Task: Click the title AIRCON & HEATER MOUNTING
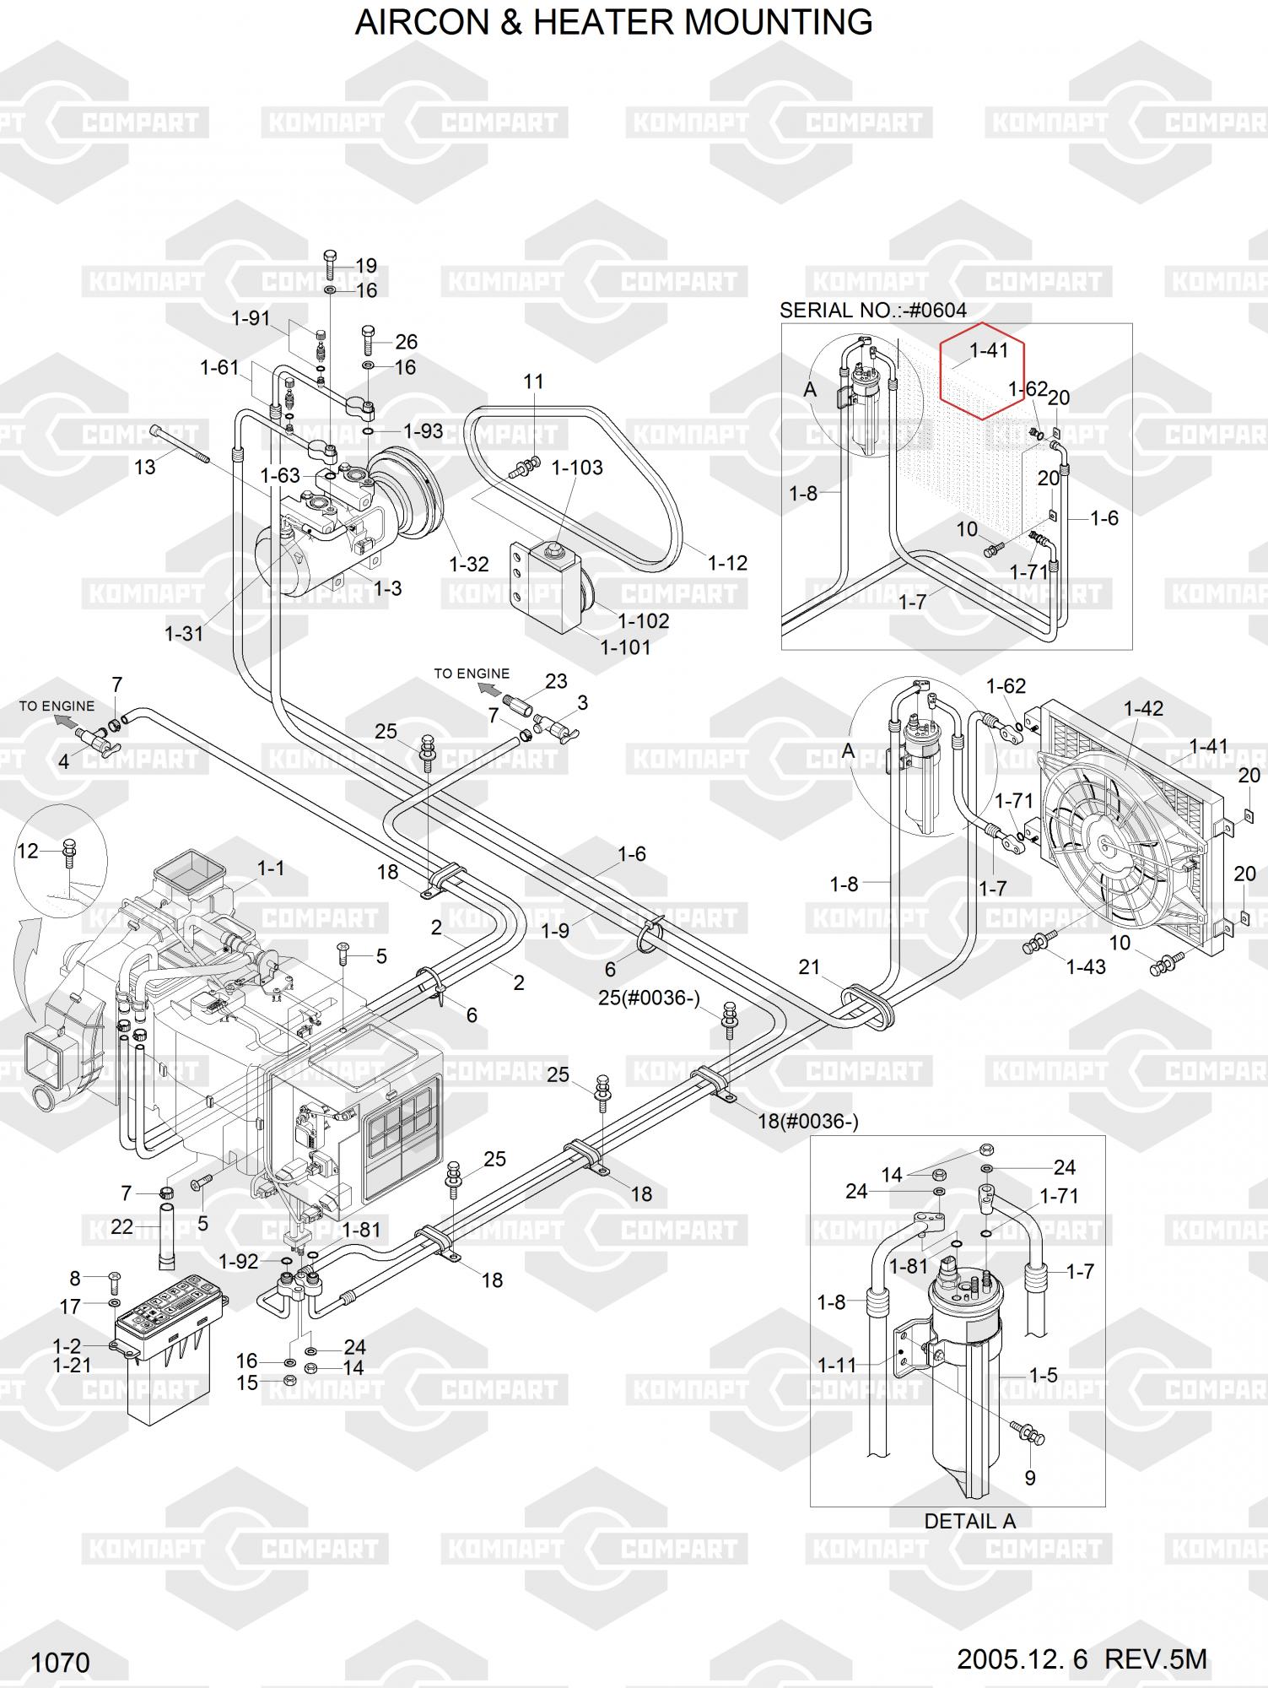613,23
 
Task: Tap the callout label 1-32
469,565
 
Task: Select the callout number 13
145,467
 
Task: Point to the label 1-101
625,647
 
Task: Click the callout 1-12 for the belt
727,563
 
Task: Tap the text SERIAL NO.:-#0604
872,311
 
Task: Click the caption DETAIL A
969,1521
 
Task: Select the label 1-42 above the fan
1143,709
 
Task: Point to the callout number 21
809,967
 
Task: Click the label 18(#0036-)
808,1122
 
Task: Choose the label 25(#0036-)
649,998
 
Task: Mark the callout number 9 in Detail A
1029,1478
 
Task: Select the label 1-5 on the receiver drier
1043,1375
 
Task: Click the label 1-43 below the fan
1086,967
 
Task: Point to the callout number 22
122,1226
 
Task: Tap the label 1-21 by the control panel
72,1365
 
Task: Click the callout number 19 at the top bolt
366,266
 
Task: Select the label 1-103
577,468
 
